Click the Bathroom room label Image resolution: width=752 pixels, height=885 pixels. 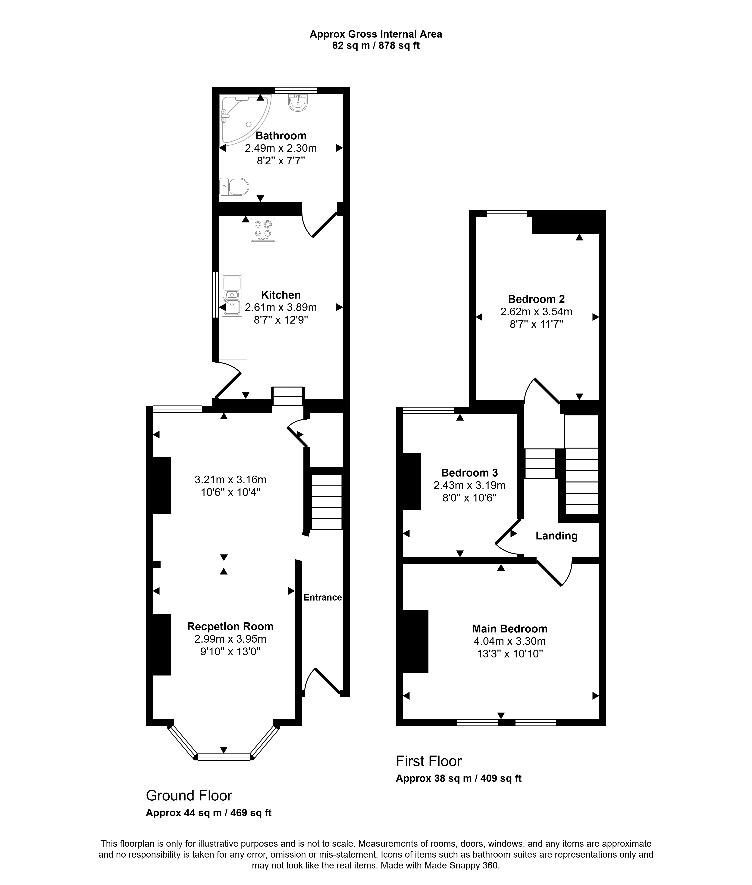pyautogui.click(x=281, y=136)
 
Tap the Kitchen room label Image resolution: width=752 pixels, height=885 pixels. pyautogui.click(x=281, y=295)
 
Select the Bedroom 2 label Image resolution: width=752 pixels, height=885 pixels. pyautogui.click(x=536, y=299)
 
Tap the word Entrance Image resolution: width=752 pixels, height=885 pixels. pyautogui.click(x=323, y=597)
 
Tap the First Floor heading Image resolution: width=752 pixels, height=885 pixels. pyautogui.click(x=429, y=761)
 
